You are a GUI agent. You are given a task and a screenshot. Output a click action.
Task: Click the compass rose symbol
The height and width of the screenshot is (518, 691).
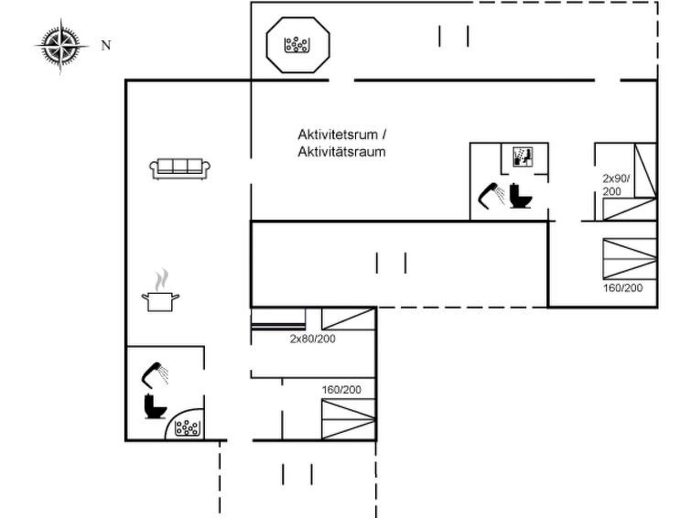coord(60,46)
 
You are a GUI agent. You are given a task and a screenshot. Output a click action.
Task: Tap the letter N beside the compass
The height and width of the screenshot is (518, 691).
coord(106,46)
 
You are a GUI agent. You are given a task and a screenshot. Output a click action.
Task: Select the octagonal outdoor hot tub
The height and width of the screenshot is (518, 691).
coord(297,45)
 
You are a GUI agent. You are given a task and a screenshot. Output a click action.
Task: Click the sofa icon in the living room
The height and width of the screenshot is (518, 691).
coord(179,168)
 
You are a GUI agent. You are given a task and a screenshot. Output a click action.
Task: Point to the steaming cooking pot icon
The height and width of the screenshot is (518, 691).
coord(160,290)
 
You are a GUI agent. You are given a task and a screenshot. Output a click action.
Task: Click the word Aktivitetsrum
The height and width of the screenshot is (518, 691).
coord(338,134)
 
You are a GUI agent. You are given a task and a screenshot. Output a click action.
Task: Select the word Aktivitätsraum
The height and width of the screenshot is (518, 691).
coord(341,152)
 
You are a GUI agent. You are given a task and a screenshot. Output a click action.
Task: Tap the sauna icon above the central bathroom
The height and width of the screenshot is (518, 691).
coord(524,156)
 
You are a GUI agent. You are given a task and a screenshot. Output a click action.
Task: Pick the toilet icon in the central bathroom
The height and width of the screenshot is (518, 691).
coord(521,196)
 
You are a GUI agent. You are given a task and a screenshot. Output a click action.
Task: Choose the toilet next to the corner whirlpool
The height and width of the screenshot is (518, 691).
coord(155,406)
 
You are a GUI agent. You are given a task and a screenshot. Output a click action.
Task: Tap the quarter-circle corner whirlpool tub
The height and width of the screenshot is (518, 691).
coord(185,424)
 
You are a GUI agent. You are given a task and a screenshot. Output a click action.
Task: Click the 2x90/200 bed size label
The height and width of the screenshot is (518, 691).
coord(616,185)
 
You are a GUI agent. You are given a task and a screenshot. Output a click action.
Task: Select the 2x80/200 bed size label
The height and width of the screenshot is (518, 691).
coord(312,339)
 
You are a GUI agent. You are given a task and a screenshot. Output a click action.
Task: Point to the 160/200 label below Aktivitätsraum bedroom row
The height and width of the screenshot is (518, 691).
coord(341,390)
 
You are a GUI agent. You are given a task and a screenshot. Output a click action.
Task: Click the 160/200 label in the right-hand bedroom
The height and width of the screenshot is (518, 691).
coord(622,288)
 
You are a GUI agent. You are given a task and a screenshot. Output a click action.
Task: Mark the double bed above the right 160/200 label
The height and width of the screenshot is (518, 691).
coord(630,259)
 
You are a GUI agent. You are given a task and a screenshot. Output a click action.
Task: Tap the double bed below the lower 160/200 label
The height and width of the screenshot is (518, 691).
coord(348,419)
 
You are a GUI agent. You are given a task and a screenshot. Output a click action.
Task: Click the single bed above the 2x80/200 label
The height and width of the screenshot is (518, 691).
coord(348,318)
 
